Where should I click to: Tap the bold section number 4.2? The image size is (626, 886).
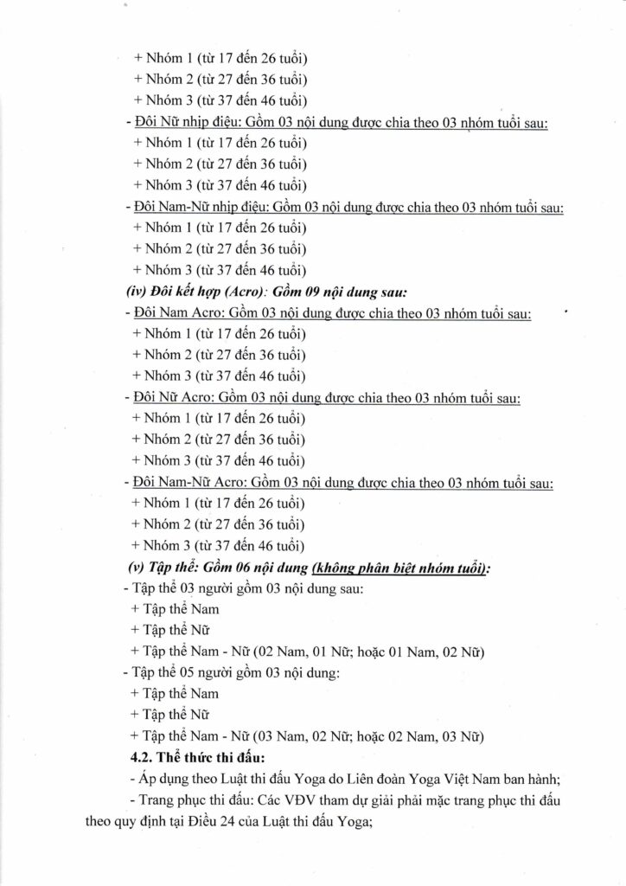(x=140, y=757)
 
